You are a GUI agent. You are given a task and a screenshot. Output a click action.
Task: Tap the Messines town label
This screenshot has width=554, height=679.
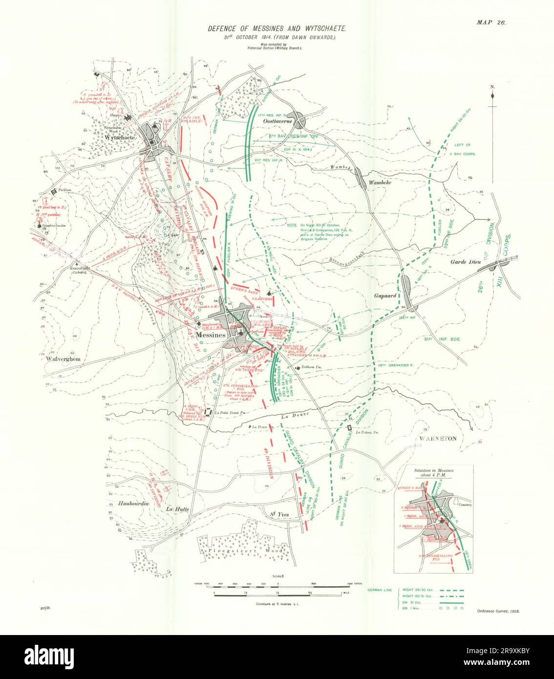(x=210, y=335)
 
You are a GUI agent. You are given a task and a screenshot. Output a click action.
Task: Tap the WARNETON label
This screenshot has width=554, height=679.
(x=438, y=438)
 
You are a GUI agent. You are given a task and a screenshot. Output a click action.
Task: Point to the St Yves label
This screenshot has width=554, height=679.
(x=280, y=514)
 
